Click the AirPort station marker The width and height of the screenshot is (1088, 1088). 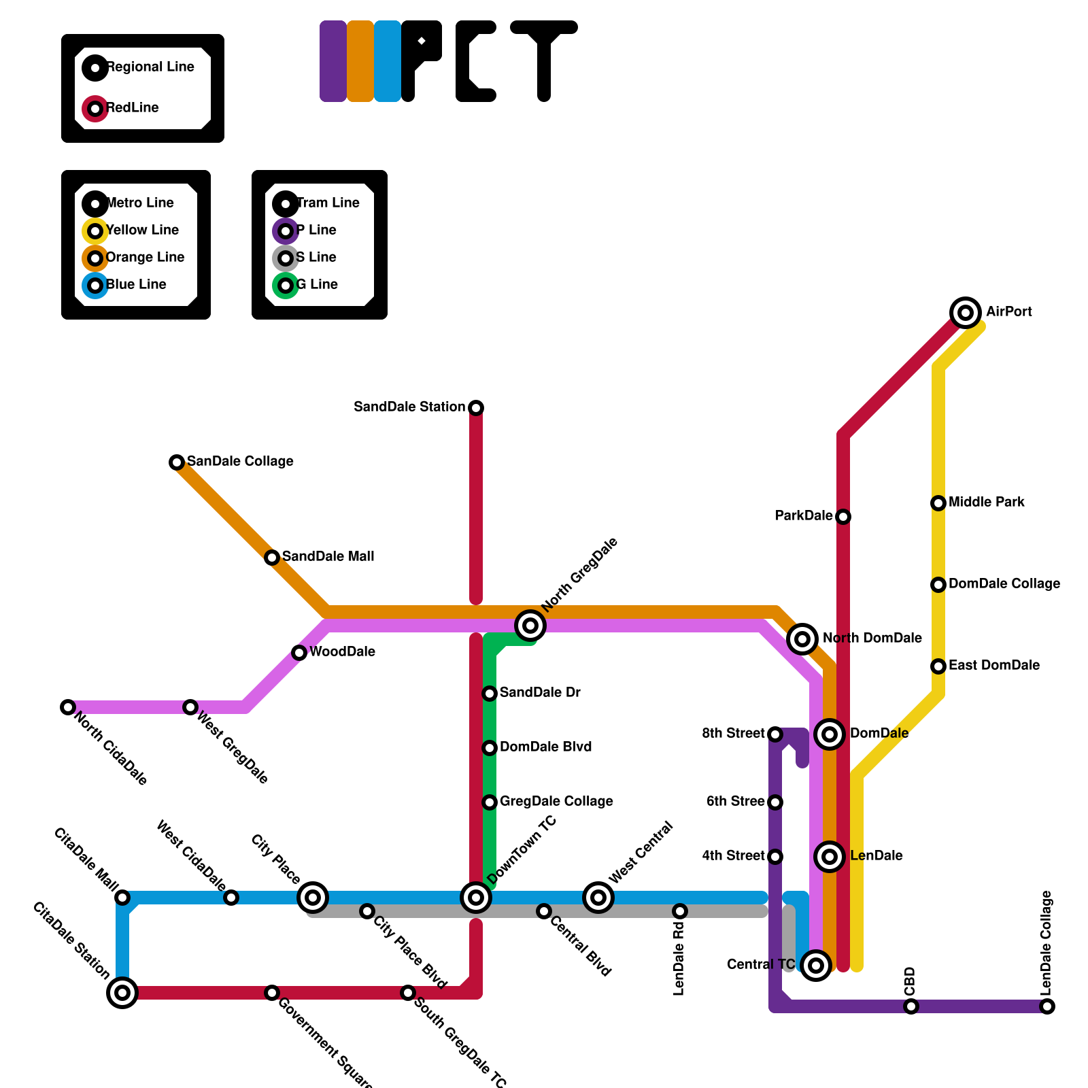coord(966,313)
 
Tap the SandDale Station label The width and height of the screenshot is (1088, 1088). coord(409,407)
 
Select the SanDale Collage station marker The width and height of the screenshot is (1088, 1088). coord(177,462)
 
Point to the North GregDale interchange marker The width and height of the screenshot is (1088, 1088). coord(530,626)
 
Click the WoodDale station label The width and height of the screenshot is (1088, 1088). coord(342,652)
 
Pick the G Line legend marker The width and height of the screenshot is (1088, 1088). coord(286,286)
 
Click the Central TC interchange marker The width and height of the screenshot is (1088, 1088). coord(816,965)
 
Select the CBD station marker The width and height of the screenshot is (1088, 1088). coord(911,1006)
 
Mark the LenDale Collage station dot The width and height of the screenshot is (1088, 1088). coord(1047,1006)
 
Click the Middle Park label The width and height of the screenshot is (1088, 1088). coord(986,503)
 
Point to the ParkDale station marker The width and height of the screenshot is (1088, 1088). coord(843,517)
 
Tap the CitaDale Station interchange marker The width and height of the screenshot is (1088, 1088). coord(122,993)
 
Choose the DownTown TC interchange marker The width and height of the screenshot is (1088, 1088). coord(476,898)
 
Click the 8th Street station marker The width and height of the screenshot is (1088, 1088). coord(775,734)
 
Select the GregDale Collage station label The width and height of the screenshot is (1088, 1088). coord(556,802)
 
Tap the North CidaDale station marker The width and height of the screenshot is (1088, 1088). coord(67,707)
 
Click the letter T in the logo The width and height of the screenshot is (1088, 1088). coord(544,61)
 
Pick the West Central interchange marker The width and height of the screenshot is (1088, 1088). coord(598,898)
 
